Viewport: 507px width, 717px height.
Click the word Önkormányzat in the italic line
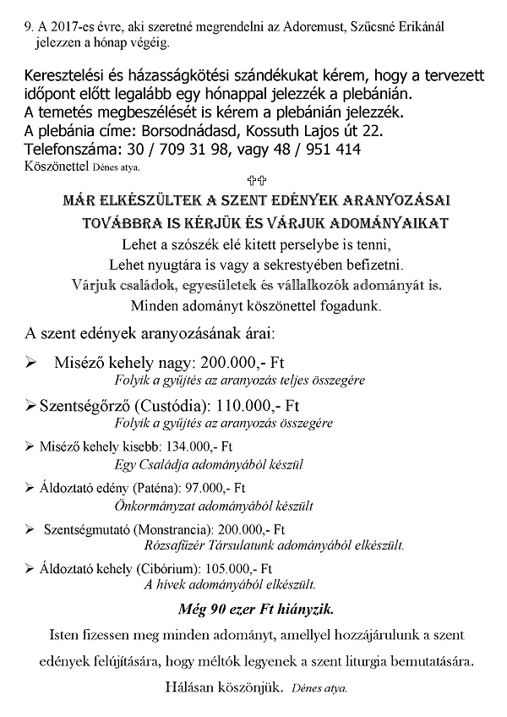tap(150, 506)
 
